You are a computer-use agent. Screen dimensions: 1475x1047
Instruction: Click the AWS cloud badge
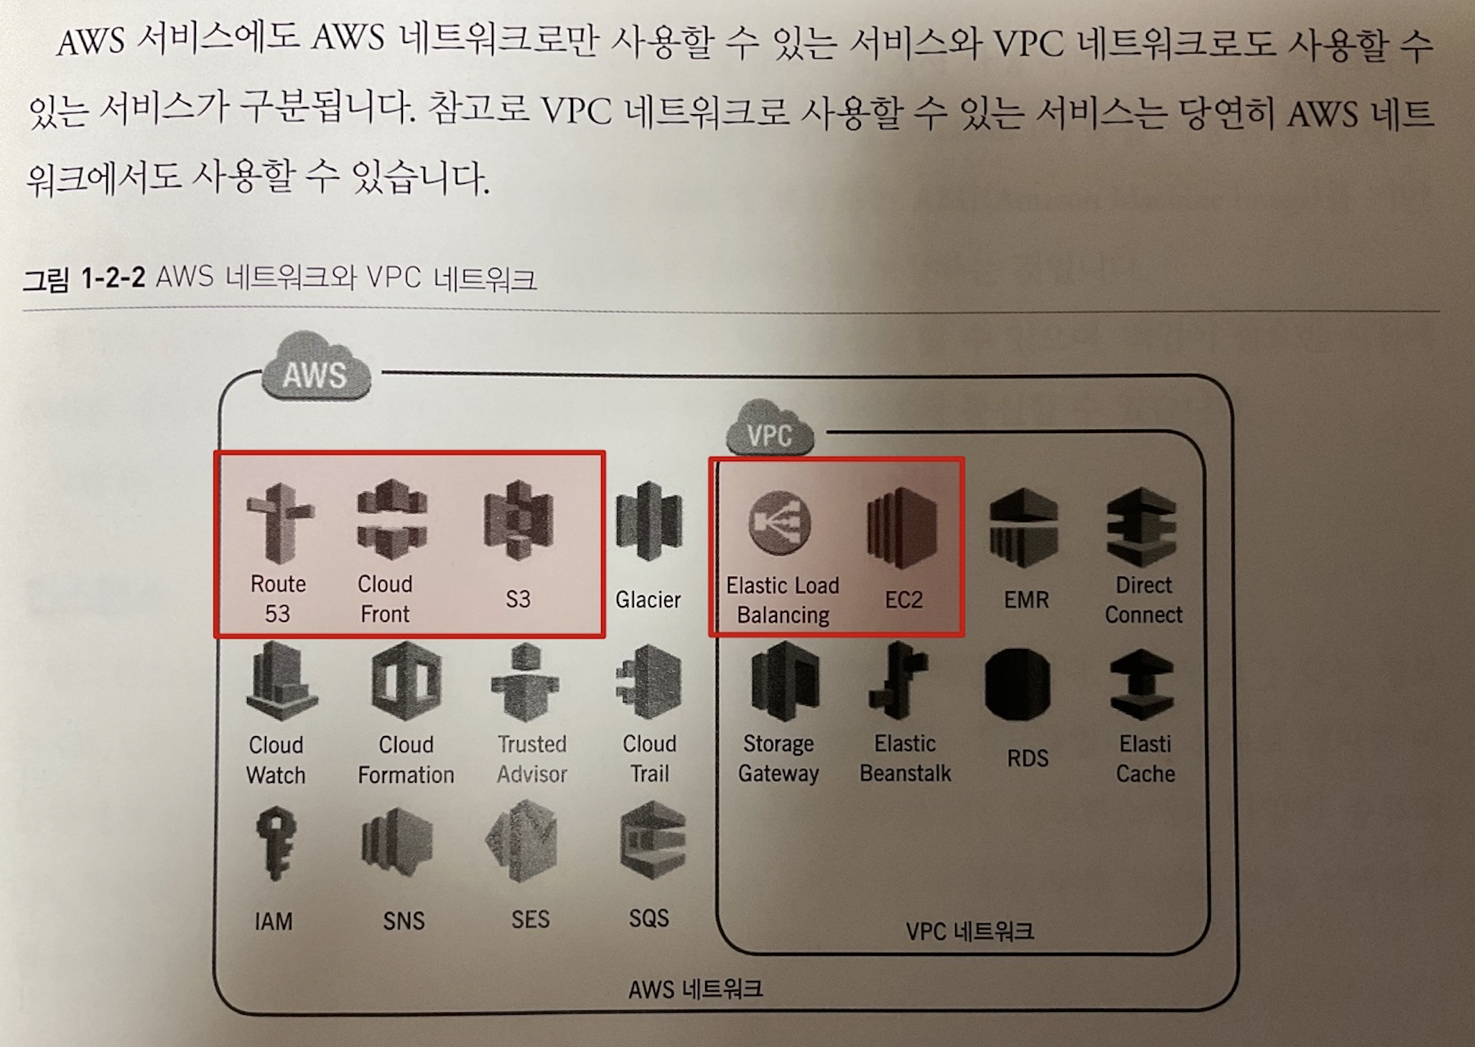pos(315,369)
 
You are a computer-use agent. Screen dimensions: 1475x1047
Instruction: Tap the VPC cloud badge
pos(769,431)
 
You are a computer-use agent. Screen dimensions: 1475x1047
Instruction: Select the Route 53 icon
pos(279,522)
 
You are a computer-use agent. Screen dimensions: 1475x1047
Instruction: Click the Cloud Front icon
pos(391,518)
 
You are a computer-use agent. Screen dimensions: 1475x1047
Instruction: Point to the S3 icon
pos(518,520)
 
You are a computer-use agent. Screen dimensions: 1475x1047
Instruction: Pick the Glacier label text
pos(648,600)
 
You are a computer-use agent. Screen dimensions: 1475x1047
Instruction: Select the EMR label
pos(1026,600)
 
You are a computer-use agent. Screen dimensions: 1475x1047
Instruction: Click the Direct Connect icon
pos(1141,528)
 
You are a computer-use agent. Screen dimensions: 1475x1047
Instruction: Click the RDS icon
pos(1018,684)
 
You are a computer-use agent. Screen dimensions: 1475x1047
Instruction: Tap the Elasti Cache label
pos(1145,758)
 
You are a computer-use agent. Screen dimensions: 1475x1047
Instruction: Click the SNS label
pos(404,921)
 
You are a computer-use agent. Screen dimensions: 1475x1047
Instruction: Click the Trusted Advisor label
pos(532,758)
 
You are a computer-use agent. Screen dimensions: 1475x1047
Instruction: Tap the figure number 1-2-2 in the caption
pos(113,277)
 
